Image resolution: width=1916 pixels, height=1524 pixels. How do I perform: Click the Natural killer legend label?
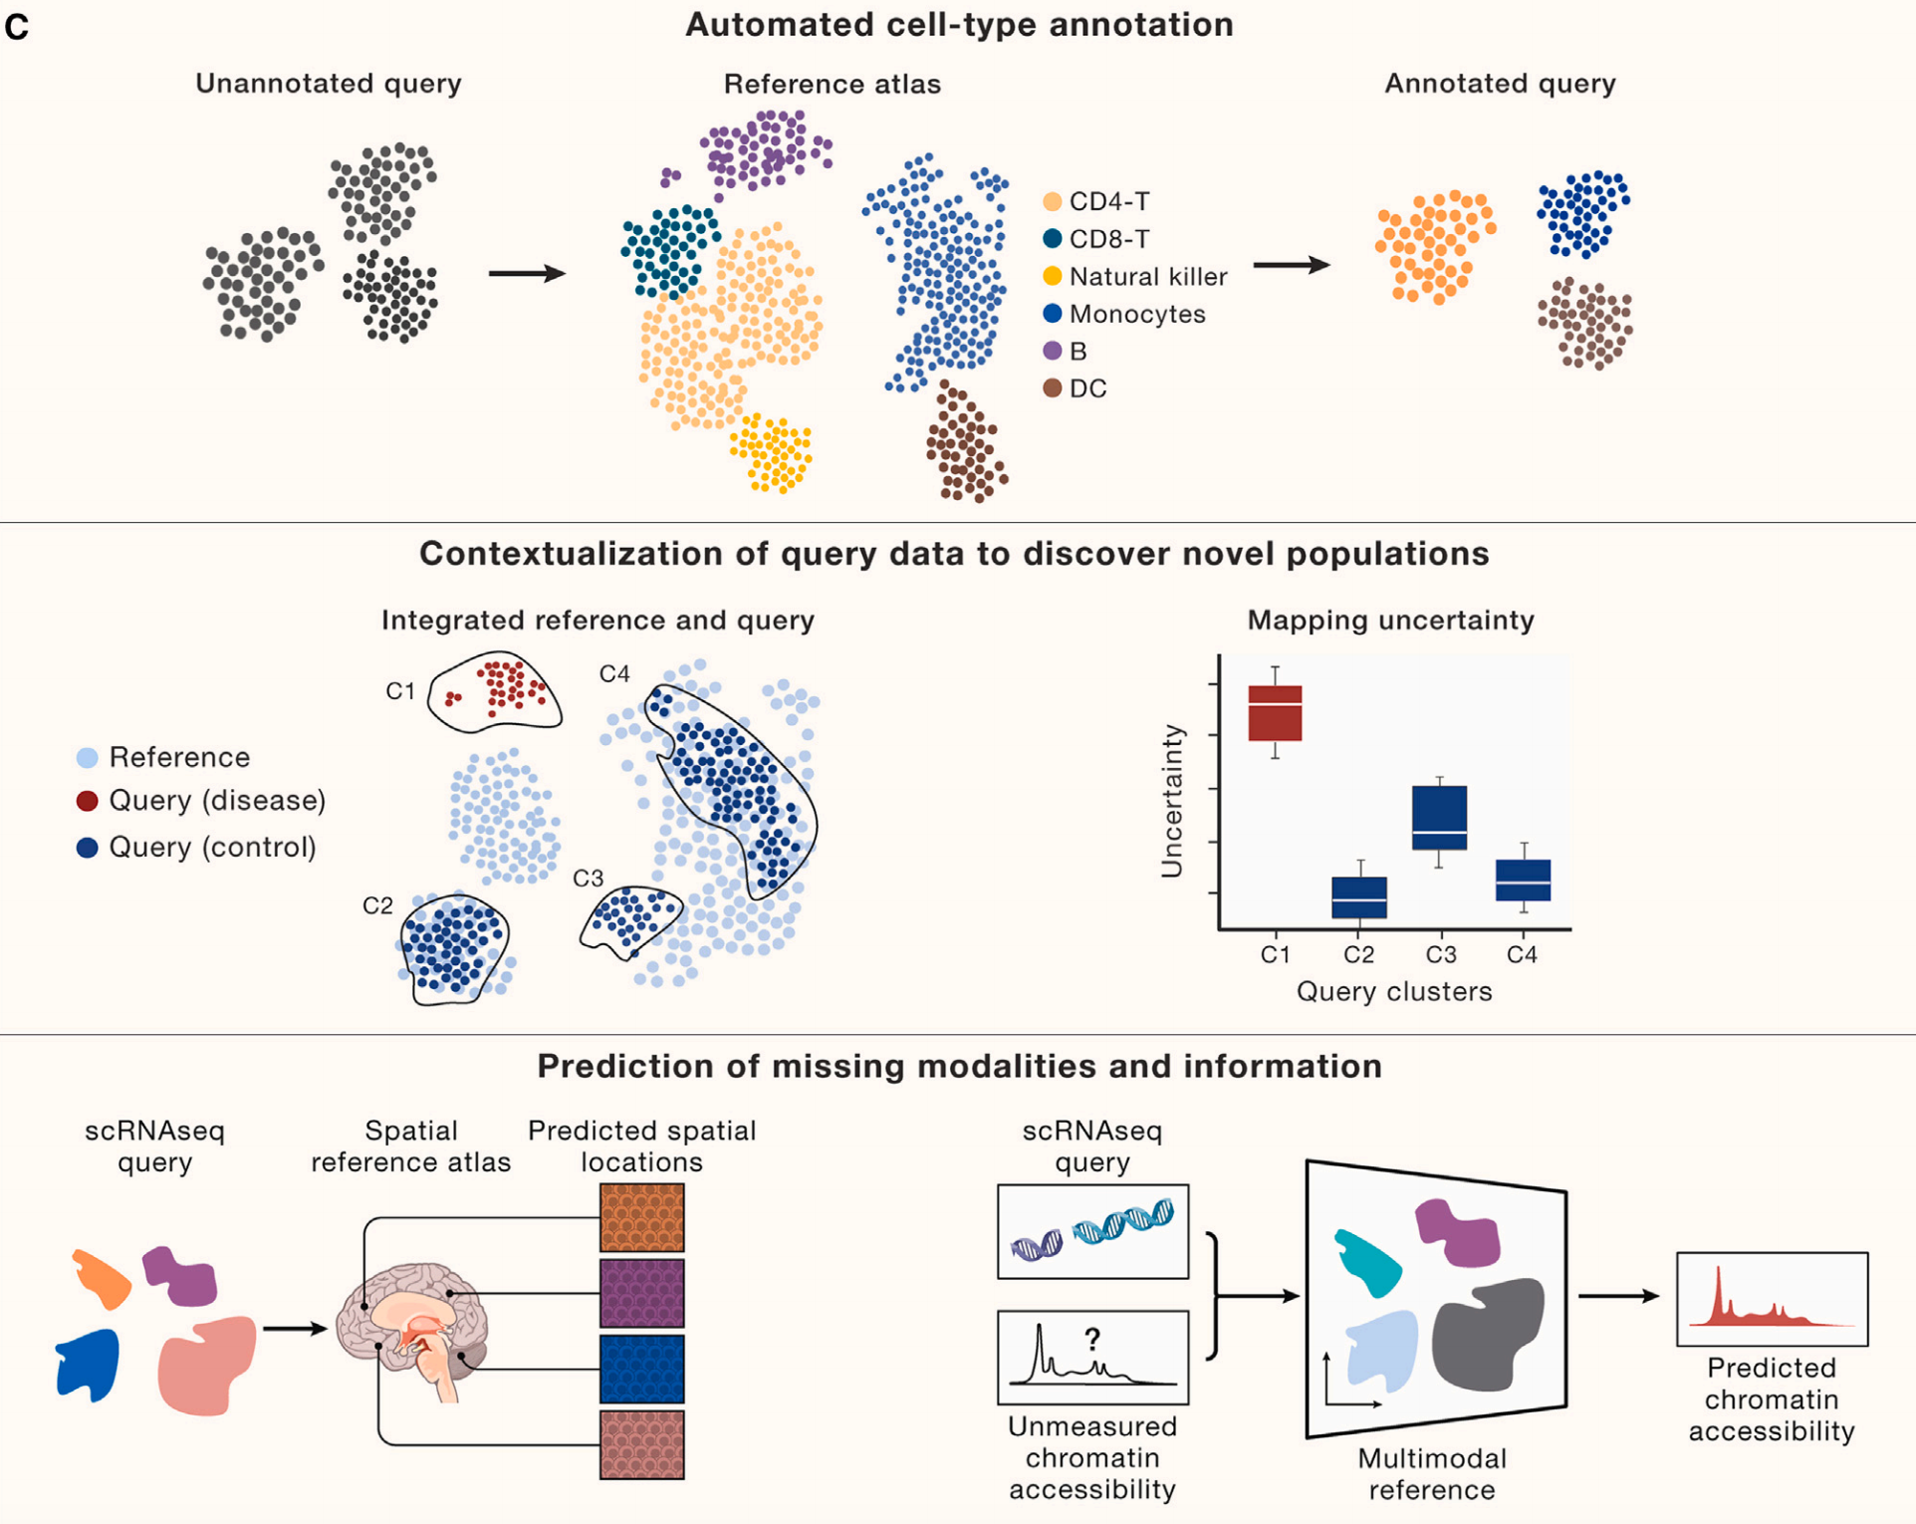coord(1147,276)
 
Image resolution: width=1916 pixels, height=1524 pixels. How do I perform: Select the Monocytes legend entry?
coord(1136,314)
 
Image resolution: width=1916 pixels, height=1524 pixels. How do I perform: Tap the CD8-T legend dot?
coord(1052,239)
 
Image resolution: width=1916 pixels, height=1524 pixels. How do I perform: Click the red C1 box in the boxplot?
coord(1275,712)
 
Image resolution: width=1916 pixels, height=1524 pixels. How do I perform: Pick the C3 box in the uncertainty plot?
coord(1439,818)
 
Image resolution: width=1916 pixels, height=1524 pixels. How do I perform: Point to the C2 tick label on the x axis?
coord(1358,954)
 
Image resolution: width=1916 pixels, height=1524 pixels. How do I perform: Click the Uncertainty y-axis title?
coord(1172,801)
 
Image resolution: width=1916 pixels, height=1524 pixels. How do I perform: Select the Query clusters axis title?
coord(1394,991)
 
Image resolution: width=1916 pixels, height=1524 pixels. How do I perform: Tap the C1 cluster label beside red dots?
coord(400,690)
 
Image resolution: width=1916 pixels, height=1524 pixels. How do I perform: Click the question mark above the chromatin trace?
coord(1092,1338)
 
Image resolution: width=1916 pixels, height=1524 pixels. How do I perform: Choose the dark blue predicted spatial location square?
coord(642,1369)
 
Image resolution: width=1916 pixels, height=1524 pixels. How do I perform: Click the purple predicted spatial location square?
coord(642,1293)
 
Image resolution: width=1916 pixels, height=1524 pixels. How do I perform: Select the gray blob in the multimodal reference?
coord(1487,1334)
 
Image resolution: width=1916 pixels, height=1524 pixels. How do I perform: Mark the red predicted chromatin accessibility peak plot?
coord(1772,1299)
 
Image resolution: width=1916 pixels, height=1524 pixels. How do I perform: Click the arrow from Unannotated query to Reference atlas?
coord(527,273)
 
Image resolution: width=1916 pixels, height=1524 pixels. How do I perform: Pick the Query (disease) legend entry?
coord(216,800)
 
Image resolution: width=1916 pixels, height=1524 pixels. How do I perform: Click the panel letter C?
coord(17,27)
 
